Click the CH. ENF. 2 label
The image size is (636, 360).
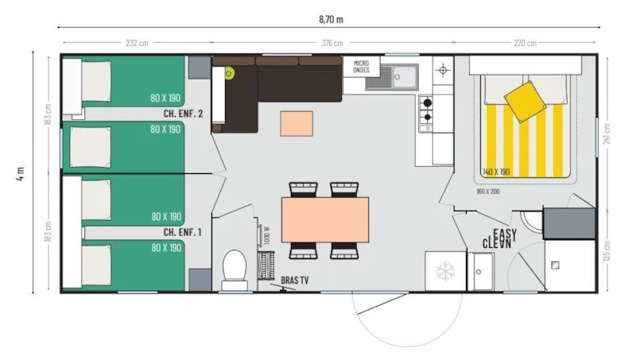[184, 114]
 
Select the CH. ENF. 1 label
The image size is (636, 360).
[183, 232]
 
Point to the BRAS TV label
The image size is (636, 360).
[297, 281]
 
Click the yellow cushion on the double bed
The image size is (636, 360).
[525, 99]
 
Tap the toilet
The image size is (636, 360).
[234, 267]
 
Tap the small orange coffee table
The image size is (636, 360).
[297, 124]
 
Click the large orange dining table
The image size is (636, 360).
[324, 219]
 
